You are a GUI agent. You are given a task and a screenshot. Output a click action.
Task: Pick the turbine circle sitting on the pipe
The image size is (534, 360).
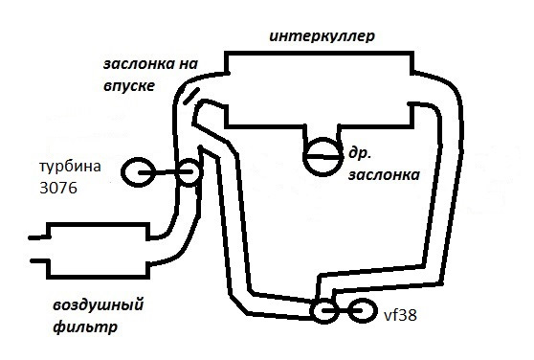188,172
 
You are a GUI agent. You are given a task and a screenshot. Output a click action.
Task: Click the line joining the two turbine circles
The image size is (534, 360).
164,172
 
